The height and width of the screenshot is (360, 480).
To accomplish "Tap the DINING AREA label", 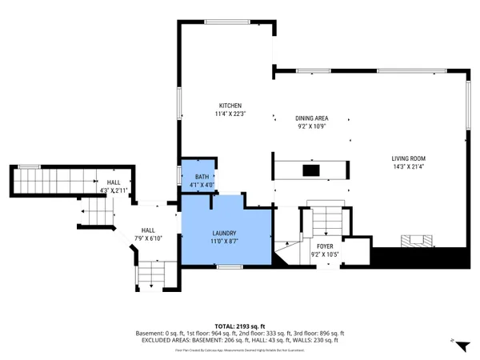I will click(311, 118).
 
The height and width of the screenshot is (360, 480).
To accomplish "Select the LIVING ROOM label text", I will click(408, 158).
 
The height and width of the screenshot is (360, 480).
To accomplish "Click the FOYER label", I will click(324, 246).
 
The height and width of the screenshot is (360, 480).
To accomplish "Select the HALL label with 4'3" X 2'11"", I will click(113, 182).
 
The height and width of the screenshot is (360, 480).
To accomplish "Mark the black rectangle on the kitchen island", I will click(310, 170).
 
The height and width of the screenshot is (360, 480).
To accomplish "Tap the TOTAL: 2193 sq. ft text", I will click(240, 326).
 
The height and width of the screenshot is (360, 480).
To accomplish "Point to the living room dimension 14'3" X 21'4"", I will click(408, 166).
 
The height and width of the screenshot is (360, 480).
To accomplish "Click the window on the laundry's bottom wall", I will click(230, 265).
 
